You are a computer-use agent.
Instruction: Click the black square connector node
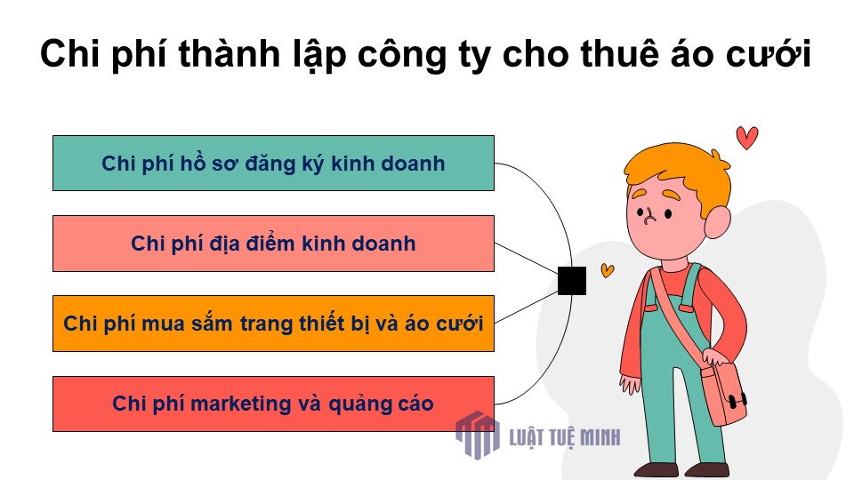pos(572,281)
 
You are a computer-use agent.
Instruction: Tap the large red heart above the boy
pos(746,137)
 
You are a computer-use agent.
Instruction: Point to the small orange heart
pos(608,270)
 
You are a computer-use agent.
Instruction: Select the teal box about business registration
pos(273,164)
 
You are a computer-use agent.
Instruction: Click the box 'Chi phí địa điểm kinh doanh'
pos(273,244)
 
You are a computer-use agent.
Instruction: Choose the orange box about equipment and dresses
pos(273,324)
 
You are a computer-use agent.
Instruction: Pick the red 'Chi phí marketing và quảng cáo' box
pos(273,404)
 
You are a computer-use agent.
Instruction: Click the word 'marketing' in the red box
pos(241,404)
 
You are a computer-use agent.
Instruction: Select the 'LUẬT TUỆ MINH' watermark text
pos(564,437)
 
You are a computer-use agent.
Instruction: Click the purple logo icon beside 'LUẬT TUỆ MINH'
pos(478,435)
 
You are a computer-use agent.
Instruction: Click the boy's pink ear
pos(717,222)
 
